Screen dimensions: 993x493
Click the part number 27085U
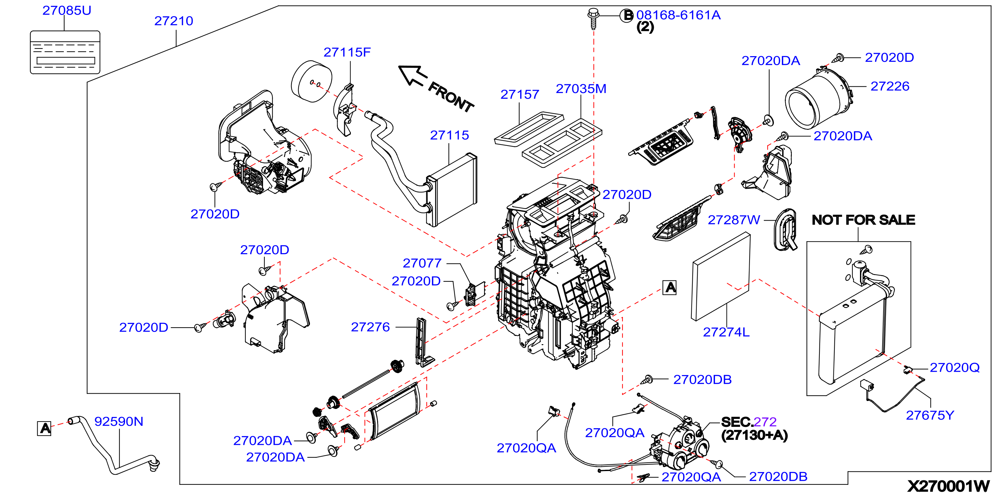coord(67,10)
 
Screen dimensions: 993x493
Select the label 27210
coord(174,21)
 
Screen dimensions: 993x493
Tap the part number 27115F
coord(347,52)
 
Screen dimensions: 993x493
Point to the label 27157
coord(520,94)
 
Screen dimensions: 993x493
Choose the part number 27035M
coord(581,89)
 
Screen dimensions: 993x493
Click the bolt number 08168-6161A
coord(678,15)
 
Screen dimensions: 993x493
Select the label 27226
coord(890,86)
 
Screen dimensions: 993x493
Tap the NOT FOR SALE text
coord(864,220)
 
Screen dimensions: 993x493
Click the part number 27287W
coord(734,220)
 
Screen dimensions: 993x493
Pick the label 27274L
coord(726,332)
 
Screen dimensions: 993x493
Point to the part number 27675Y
coord(930,415)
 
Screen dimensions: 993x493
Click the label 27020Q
coord(954,367)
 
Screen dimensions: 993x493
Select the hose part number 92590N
coord(119,421)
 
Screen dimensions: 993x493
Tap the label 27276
coord(370,327)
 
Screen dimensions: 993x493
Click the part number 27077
coord(422,263)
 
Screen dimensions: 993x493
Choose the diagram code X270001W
coord(948,486)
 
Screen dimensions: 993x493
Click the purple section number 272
coord(765,422)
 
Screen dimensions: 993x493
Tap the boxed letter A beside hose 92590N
coord(45,428)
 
